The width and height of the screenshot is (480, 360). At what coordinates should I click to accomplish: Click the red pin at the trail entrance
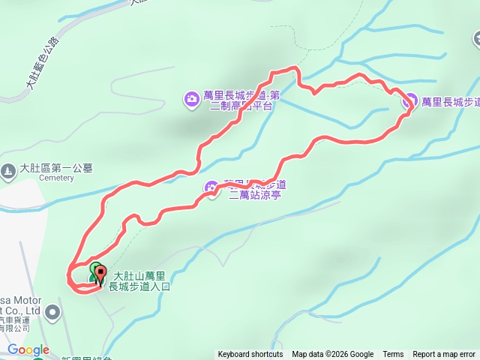tap(100, 275)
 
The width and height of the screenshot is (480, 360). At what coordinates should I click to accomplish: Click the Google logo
tap(28, 349)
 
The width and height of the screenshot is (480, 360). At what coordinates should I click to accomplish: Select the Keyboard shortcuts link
tap(250, 355)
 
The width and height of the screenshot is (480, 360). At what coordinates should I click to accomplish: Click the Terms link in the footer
tap(393, 355)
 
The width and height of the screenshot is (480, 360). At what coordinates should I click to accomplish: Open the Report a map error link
tap(444, 355)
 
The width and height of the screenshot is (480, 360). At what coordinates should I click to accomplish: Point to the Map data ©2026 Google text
tap(332, 355)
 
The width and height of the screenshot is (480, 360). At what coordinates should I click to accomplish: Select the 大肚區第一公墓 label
tap(56, 168)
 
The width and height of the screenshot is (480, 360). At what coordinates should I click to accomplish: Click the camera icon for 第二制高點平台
tap(192, 97)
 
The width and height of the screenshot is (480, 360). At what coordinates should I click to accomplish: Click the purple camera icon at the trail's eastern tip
tap(410, 101)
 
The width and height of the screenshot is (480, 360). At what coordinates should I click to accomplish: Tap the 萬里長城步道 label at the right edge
tap(450, 101)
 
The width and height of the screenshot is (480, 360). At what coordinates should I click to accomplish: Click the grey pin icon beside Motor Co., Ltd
tap(52, 310)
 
